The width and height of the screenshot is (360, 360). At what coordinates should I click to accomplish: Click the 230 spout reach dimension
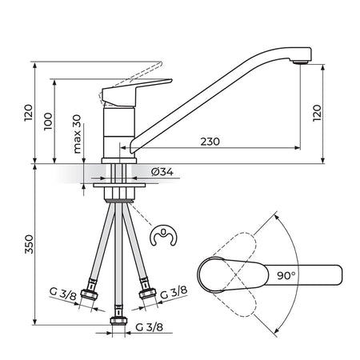tap(210, 142)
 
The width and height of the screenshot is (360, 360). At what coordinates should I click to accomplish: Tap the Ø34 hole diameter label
tap(162, 172)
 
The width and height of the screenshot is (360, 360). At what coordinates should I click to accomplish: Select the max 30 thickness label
tap(77, 134)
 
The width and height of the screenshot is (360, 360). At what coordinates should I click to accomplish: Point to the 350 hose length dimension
tap(29, 244)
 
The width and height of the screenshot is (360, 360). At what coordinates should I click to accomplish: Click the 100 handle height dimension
tap(48, 122)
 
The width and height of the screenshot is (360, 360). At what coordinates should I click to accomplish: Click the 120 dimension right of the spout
tap(317, 114)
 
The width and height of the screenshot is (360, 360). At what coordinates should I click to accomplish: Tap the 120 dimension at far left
tap(29, 113)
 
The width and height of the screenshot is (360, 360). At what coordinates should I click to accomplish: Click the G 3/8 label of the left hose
tap(63, 294)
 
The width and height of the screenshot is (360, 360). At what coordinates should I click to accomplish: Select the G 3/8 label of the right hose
tap(174, 292)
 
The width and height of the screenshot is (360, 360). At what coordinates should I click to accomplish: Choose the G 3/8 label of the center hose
tap(149, 327)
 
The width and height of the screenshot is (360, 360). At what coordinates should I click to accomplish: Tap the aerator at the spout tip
tap(301, 62)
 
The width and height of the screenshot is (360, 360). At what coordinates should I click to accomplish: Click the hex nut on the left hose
tap(90, 295)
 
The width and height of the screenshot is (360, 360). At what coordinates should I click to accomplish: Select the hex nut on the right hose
tap(147, 294)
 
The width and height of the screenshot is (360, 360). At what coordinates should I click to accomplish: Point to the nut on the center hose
tap(118, 321)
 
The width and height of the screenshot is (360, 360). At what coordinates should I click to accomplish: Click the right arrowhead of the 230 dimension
tap(297, 148)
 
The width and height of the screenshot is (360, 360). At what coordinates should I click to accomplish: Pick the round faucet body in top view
tap(212, 275)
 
